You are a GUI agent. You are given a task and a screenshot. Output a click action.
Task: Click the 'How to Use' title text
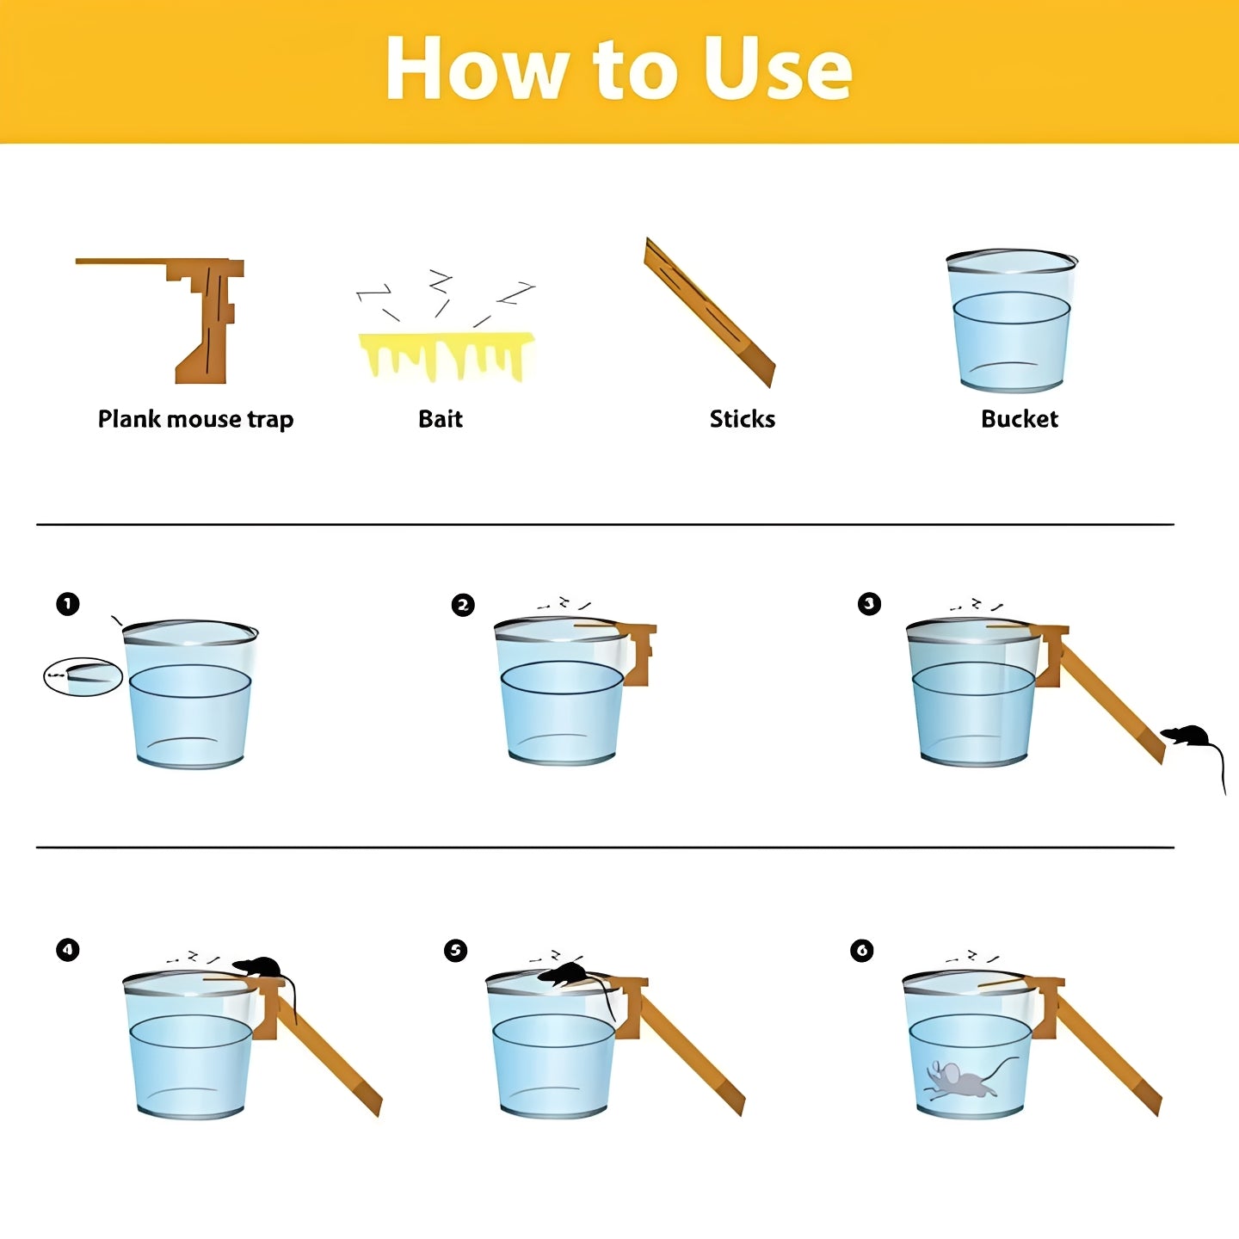point(619,69)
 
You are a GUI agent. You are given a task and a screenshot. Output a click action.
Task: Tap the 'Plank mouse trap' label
point(195,419)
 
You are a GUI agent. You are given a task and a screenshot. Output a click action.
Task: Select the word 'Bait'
point(440,419)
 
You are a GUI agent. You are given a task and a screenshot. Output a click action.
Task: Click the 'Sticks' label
point(742,419)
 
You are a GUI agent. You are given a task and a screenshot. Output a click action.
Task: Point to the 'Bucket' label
point(1019,419)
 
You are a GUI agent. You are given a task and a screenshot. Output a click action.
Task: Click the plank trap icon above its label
point(206,318)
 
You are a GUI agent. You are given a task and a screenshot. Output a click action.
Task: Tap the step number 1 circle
point(68,604)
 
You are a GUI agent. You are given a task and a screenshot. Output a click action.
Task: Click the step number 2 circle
point(463,605)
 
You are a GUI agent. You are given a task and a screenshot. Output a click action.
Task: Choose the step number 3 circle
point(869,604)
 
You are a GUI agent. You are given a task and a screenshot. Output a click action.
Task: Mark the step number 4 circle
point(68,950)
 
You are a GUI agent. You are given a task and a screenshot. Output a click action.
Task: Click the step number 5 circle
point(455,950)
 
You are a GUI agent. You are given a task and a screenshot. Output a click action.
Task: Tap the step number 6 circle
point(861,950)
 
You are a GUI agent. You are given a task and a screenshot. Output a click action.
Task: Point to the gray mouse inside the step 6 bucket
point(959,1081)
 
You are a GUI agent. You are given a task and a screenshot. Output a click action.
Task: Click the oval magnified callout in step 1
point(83,676)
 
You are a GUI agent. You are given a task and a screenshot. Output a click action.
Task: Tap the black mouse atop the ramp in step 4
point(260,967)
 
